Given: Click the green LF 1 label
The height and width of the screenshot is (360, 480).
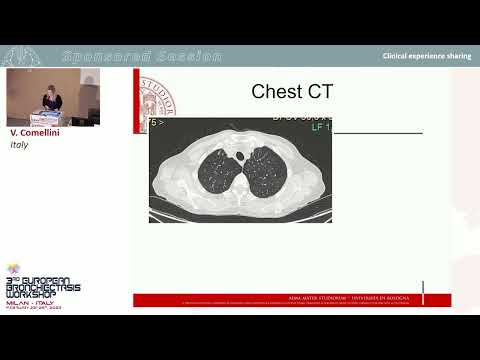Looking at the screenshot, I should point(320,127).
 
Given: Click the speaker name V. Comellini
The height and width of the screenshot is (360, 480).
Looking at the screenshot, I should point(36,132).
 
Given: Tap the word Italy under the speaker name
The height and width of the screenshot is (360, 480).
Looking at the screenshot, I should point(19,144).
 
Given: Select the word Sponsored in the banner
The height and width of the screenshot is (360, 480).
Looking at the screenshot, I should point(104,56).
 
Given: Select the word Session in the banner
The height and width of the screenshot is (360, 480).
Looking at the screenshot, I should point(185,56).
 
